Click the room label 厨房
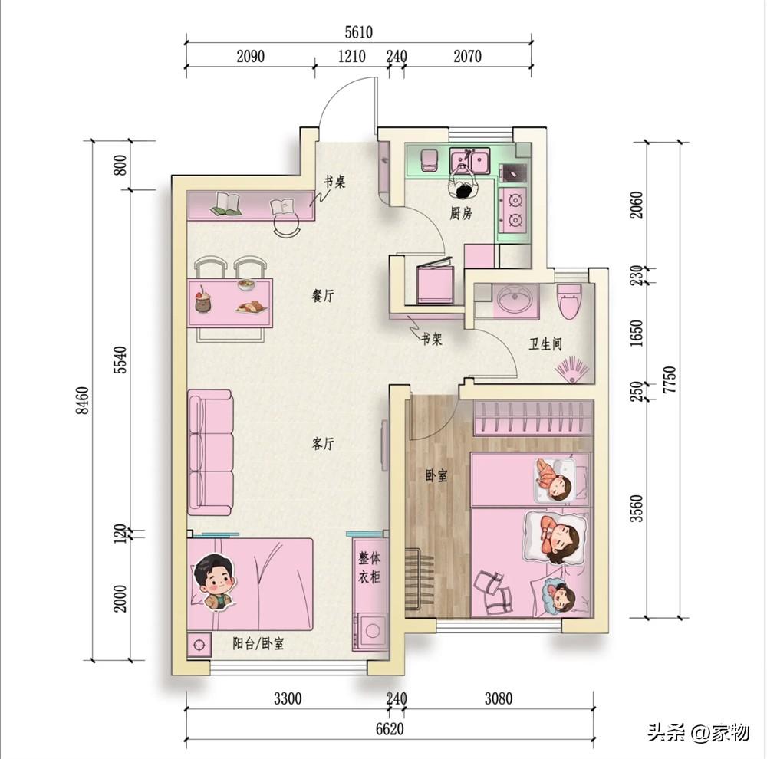pos(461,213)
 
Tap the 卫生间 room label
pos(545,343)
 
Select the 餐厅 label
pos(323,295)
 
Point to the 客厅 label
pos(323,444)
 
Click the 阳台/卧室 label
pos(258,643)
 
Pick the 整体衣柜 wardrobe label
pos(370,567)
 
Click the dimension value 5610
pos(358,32)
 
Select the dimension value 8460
pos(83,400)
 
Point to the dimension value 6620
pos(390,729)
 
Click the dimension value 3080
pos(499,698)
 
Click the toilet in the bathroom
pos(570,301)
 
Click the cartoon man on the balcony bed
pos(215,583)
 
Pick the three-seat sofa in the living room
pos(210,452)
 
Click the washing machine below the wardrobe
pos(370,632)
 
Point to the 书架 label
pos(432,338)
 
